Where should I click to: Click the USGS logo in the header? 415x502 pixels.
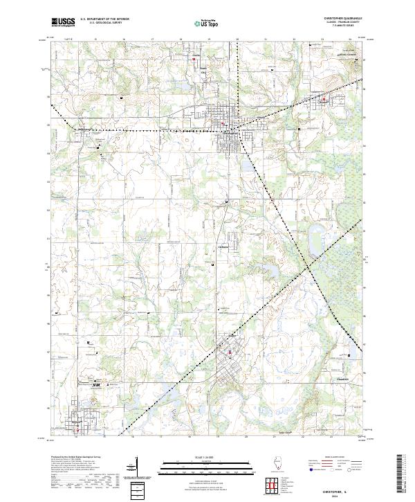[x=63, y=22]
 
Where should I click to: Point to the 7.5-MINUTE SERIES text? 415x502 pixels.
[x=343, y=28]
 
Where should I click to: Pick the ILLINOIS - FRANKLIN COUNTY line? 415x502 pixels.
[x=343, y=24]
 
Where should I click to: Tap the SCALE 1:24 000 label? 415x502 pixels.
[x=207, y=457]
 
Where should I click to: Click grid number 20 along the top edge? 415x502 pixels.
[x=237, y=39]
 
